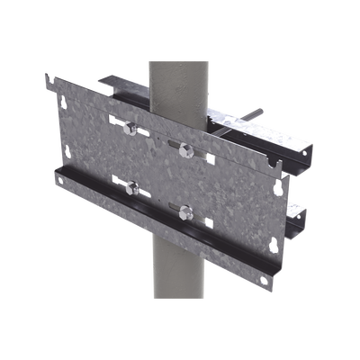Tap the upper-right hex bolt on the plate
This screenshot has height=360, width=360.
tap(186, 147)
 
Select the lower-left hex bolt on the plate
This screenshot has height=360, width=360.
tap(132, 188)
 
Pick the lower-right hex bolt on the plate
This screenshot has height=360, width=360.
tap(186, 213)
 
